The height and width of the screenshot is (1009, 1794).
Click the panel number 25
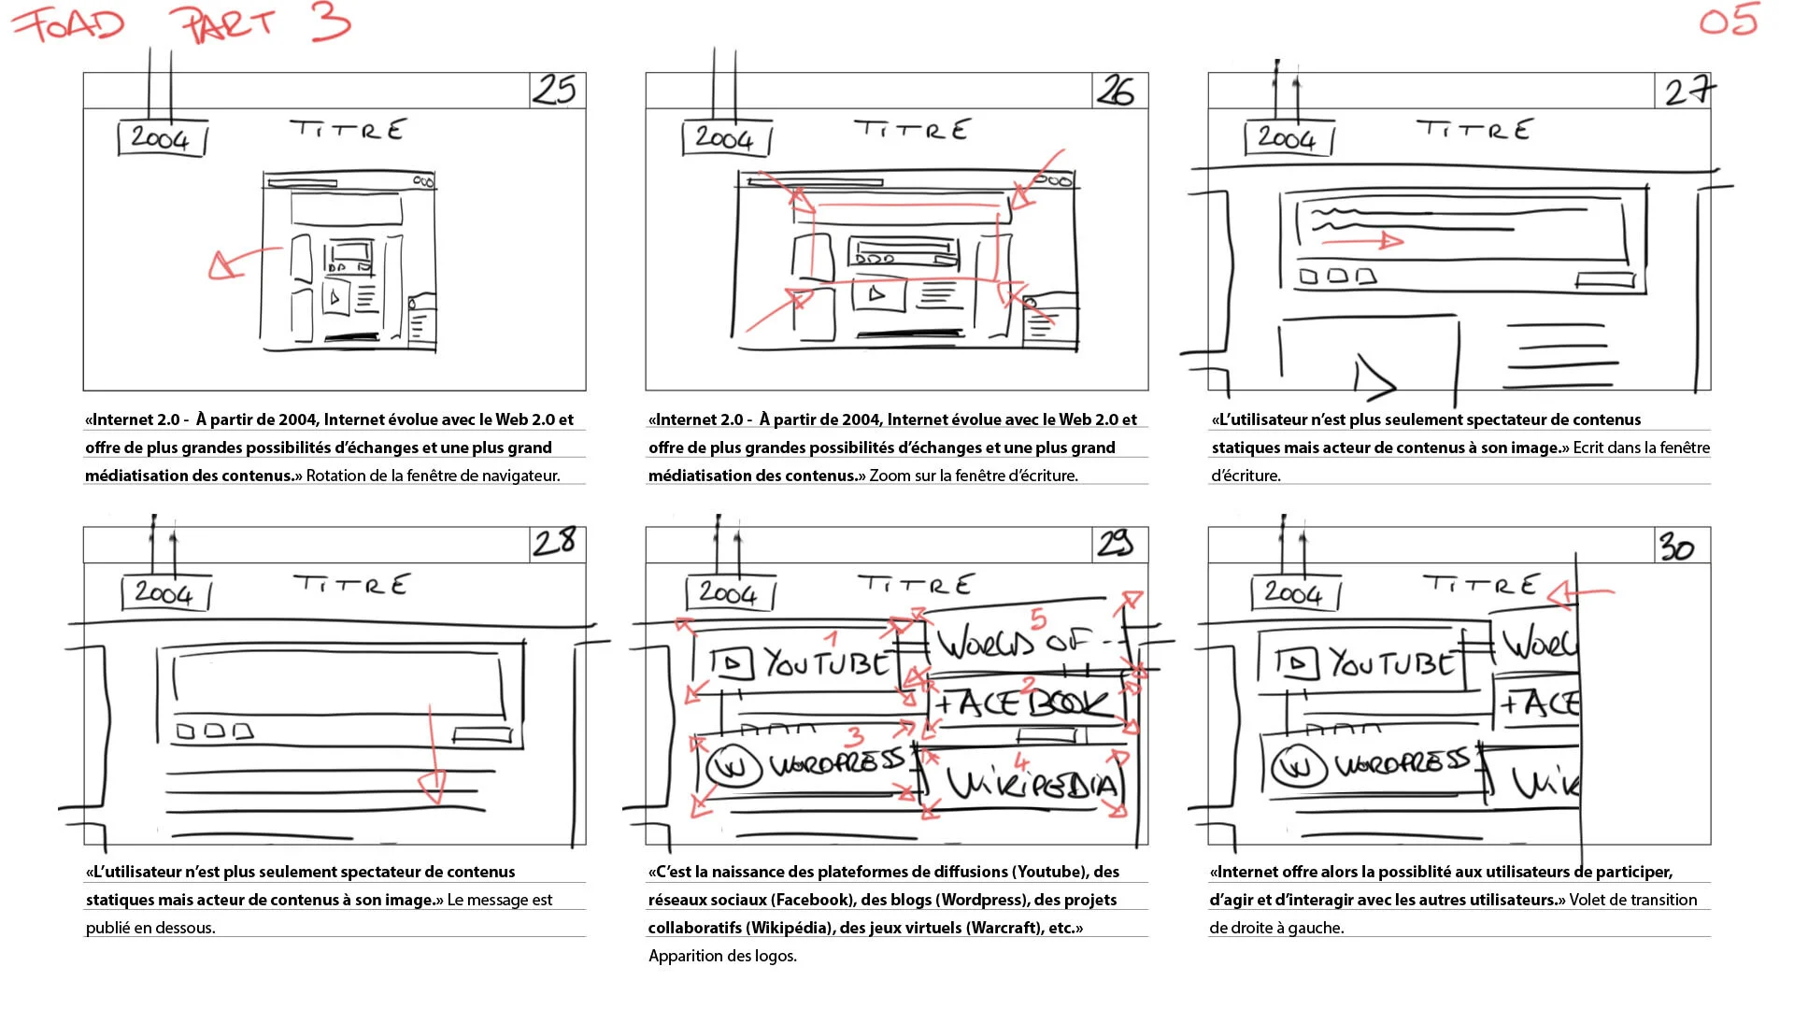coord(555,90)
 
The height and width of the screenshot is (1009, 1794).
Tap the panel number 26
coord(1117,91)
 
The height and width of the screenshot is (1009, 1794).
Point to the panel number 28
coord(555,542)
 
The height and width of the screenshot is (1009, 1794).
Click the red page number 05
coord(1729,21)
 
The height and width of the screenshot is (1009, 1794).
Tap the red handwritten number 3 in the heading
coord(331,21)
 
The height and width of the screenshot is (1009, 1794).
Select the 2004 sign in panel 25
coord(161,139)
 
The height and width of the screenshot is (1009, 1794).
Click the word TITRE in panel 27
coord(1474,129)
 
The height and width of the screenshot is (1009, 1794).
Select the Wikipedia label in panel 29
coord(1032,783)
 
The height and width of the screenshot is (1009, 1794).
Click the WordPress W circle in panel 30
coord(1298,767)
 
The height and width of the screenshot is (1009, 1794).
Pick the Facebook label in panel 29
coord(1023,703)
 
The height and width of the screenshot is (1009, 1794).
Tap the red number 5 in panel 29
coord(1038,618)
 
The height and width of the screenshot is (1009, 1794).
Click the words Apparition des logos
coord(722,956)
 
